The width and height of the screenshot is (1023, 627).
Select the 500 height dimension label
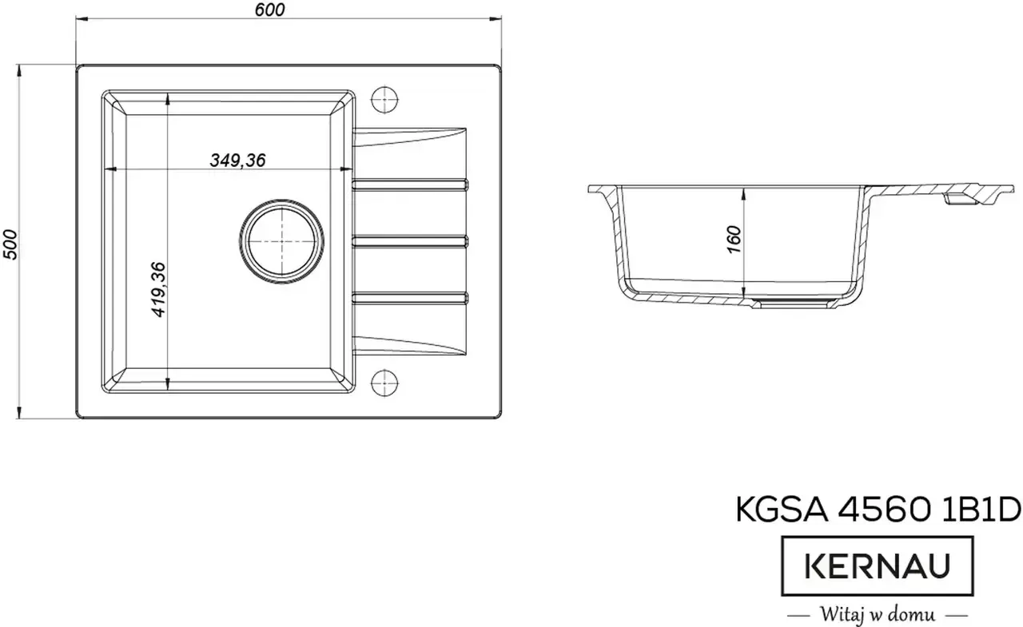(x=10, y=243)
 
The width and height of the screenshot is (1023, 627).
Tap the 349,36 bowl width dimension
(x=237, y=160)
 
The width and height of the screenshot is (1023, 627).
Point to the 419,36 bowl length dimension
(x=158, y=290)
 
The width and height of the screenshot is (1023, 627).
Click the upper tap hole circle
(x=385, y=98)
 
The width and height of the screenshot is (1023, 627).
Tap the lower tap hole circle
(x=385, y=383)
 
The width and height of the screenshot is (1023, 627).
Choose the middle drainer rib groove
(x=410, y=240)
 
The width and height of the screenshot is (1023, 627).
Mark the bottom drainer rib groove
(x=410, y=297)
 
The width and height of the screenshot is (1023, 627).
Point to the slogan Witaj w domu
(x=876, y=615)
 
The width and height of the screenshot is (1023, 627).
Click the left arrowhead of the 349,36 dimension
(x=112, y=169)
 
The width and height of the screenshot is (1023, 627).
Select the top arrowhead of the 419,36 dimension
(x=167, y=97)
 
